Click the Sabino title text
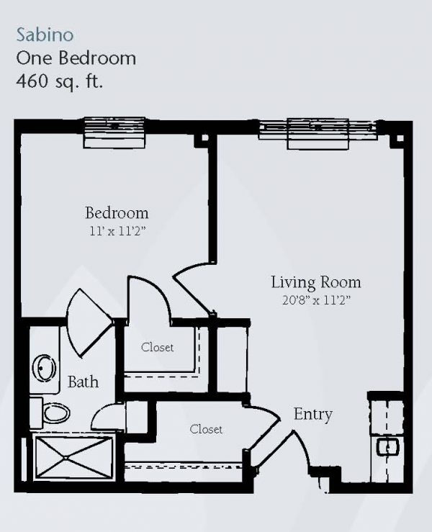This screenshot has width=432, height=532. [45, 35]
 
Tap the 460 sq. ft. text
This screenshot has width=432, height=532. [59, 81]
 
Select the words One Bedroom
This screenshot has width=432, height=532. [76, 58]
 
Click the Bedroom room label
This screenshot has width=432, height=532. [117, 213]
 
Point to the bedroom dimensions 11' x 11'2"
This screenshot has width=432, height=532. [117, 231]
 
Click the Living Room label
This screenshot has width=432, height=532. [315, 282]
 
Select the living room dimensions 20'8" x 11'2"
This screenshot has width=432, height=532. [316, 300]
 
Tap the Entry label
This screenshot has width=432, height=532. [313, 414]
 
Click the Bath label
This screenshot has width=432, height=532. [83, 382]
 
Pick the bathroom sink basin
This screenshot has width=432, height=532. [44, 368]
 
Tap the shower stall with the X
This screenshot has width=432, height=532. [74, 459]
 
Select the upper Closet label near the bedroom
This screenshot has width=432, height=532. [158, 347]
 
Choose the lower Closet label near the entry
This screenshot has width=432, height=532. [206, 429]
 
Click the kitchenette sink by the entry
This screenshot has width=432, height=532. [388, 448]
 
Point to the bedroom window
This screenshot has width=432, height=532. [114, 132]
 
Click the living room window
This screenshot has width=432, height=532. [318, 134]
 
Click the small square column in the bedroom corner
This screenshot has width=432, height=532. [204, 138]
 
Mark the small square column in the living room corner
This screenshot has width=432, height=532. [400, 138]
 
